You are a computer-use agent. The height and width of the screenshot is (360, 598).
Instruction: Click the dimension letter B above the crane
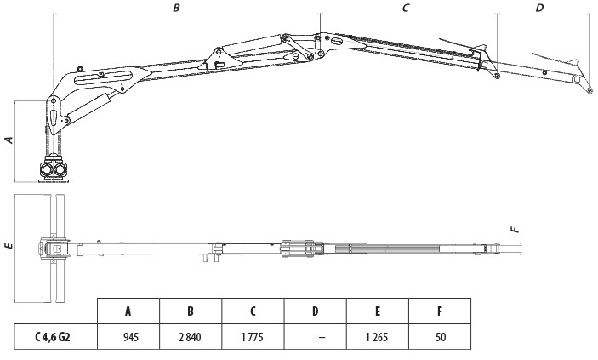[x=176, y=8]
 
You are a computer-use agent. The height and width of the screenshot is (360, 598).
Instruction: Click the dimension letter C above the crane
[x=406, y=8]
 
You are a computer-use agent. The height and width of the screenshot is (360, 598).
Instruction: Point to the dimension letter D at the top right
[x=539, y=8]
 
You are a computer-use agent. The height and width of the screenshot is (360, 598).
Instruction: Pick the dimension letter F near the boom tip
[x=515, y=230]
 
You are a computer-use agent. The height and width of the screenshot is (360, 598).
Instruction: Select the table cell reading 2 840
[x=190, y=337]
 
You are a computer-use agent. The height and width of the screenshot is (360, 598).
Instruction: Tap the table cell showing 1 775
[x=252, y=337]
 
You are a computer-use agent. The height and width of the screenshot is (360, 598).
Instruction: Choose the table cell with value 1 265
[x=377, y=337]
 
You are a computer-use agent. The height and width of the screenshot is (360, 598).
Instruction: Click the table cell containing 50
[x=441, y=337]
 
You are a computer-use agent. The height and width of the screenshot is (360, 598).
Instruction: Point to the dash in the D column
[x=322, y=338]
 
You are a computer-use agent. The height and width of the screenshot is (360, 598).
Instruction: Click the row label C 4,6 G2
[x=53, y=337]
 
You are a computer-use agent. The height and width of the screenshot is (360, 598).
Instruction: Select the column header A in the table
[x=128, y=311]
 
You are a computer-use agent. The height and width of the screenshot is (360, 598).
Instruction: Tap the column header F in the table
[x=440, y=311]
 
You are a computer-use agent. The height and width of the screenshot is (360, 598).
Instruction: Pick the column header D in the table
[x=315, y=311]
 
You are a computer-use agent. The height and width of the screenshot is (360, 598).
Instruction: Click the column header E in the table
[x=378, y=311]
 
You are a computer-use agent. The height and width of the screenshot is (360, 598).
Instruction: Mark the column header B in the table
[x=191, y=311]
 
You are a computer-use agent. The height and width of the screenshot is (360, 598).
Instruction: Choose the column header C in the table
[x=253, y=311]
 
